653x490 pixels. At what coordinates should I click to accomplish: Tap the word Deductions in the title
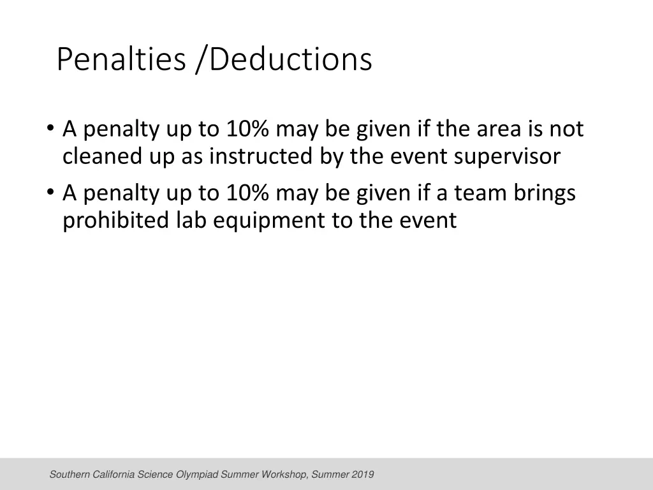point(290,59)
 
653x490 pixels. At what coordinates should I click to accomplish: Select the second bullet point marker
point(51,193)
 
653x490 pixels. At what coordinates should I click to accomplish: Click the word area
point(497,130)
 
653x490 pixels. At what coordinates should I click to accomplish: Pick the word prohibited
point(115,221)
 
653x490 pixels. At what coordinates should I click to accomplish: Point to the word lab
point(190,221)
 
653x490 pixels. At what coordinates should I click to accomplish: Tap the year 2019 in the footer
point(363,475)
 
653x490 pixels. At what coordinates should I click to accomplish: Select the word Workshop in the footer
point(286,475)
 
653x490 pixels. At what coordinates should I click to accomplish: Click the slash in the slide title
point(202,61)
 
